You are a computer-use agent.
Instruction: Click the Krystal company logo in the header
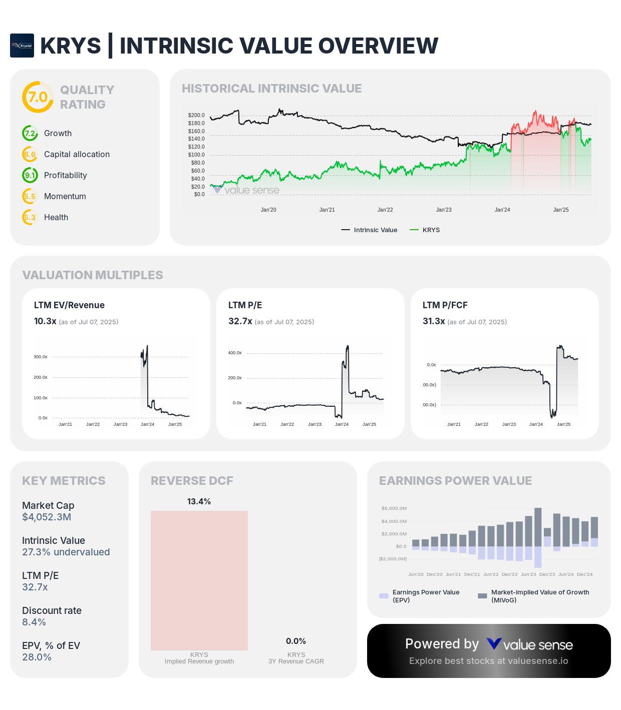click(22, 46)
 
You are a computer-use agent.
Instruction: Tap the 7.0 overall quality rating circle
click(38, 97)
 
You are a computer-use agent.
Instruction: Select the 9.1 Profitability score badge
click(30, 175)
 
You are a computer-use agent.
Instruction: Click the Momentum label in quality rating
click(65, 196)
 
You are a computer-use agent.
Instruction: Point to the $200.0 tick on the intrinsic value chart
click(196, 115)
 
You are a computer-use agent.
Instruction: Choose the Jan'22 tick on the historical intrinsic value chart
click(385, 210)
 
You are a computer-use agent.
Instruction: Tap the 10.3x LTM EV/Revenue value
click(45, 321)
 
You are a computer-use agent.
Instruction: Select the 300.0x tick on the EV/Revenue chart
click(41, 357)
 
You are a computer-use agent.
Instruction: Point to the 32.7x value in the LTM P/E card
click(240, 321)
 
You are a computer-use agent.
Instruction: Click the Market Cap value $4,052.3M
click(47, 517)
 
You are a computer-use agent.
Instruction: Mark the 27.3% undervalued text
click(66, 552)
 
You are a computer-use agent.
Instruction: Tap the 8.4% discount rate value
click(34, 622)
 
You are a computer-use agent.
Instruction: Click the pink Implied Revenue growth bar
click(199, 580)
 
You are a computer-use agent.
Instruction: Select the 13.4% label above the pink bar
click(199, 501)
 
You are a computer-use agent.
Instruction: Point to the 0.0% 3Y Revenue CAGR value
click(296, 641)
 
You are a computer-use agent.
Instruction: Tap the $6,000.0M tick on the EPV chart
click(394, 508)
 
